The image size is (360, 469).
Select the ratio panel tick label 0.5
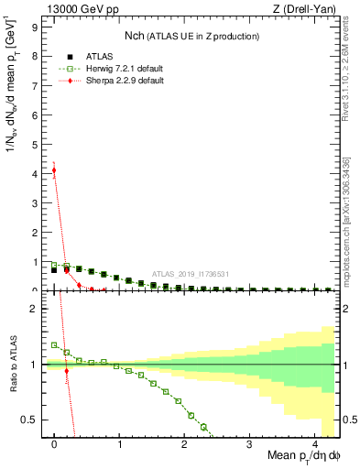[x=30, y=420]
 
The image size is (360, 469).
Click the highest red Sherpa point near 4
[x=54, y=169]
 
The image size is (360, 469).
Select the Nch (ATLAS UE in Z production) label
[x=191, y=36]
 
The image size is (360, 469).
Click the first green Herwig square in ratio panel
[x=54, y=345]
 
